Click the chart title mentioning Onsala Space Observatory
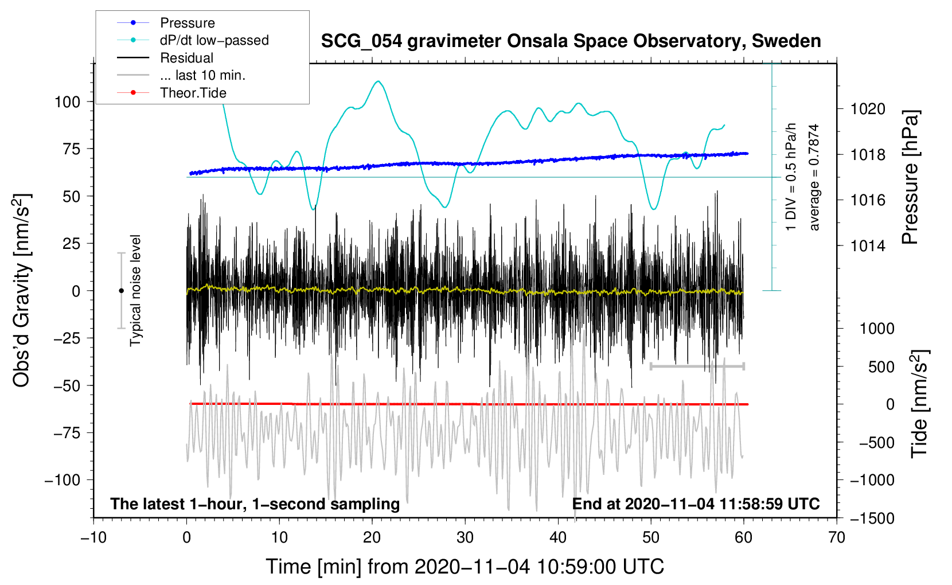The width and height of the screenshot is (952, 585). coord(571,41)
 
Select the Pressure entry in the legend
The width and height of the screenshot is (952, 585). coord(187,23)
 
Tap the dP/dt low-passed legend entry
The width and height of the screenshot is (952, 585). coord(214,40)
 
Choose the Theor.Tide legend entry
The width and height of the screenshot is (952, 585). coord(193,93)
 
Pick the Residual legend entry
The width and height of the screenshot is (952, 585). coord(186,58)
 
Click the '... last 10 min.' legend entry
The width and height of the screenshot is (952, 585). coord(202,75)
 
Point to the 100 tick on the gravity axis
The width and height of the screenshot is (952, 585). coord(67,102)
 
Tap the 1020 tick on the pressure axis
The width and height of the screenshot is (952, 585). coord(868,109)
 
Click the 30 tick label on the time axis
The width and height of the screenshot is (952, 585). coord(465,537)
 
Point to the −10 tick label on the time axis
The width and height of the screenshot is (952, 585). coord(93,537)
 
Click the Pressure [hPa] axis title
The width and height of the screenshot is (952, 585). coord(910,178)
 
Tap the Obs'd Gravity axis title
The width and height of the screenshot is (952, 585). coord(22,290)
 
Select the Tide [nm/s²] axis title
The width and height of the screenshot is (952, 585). coord(919,403)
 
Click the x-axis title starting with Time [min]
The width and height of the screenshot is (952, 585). coord(465,567)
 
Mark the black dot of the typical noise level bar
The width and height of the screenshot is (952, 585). coord(121,291)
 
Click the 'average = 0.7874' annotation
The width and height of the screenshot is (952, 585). coord(814,177)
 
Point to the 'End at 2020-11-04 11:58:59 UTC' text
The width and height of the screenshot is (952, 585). coord(696,504)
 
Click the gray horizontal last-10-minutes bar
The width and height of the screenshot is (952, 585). coord(697,366)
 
